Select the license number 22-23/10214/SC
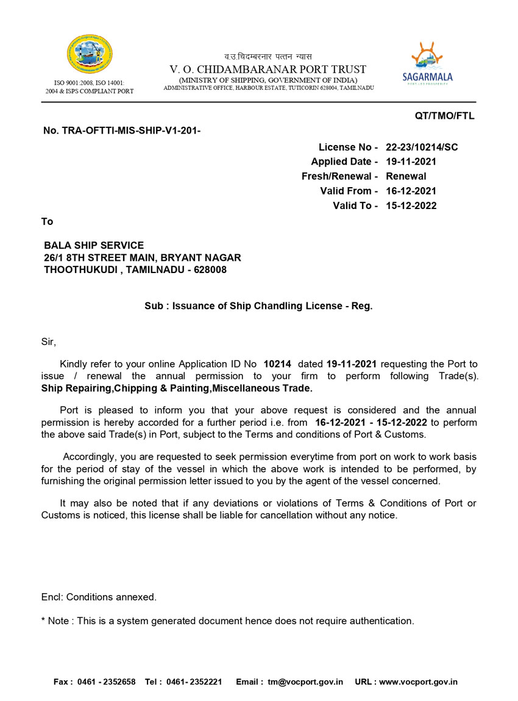pos(422,147)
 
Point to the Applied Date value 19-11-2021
pos(411,162)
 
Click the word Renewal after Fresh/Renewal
pos(406,176)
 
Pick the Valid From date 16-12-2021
pos(411,191)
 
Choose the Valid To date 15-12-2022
pos(411,205)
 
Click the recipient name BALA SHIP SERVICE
pos(94,246)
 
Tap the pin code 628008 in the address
pos(210,269)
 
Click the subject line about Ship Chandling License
pos(258,306)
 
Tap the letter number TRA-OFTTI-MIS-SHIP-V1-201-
pos(122,130)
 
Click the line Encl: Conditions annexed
pos(99,597)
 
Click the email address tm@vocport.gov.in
pos(305,682)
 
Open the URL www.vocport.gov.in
pos(418,682)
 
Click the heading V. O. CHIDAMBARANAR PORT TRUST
pos(268,69)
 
